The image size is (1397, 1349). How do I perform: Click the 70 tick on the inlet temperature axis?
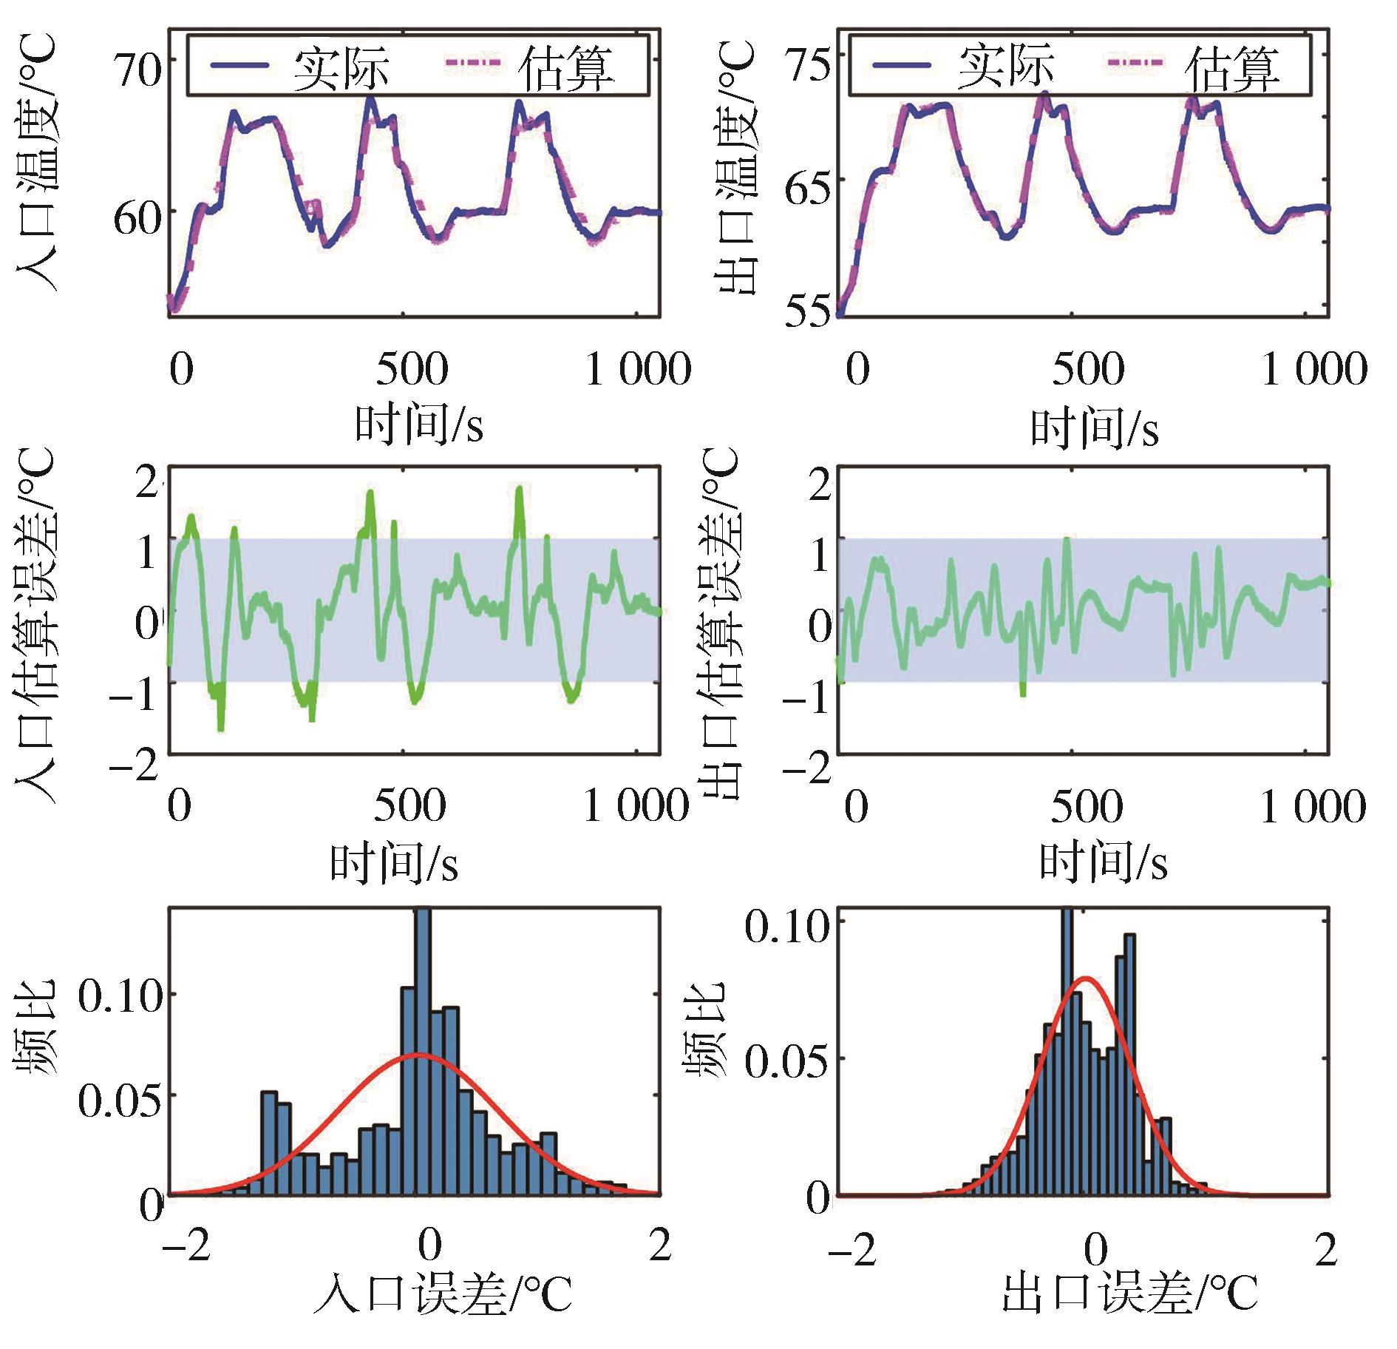click(138, 70)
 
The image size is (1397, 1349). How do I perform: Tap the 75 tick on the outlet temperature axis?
click(808, 65)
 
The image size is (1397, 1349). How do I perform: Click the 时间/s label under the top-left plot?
click(419, 424)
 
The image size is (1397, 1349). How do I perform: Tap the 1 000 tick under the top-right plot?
click(1313, 368)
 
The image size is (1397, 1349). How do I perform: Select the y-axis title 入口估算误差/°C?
click(35, 625)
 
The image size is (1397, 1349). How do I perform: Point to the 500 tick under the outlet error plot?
click(1087, 806)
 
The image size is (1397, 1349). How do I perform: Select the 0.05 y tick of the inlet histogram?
click(119, 1100)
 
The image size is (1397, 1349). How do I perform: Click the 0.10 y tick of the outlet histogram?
click(786, 926)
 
